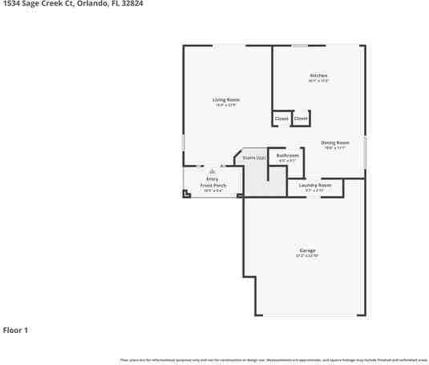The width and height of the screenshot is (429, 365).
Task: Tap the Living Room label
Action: (x=227, y=99)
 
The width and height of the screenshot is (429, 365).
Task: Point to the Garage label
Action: (x=307, y=251)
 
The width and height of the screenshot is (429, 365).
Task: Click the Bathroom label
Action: (x=288, y=155)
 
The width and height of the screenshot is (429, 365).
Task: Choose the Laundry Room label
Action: (x=314, y=185)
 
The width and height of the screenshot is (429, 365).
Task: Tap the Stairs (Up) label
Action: (x=254, y=158)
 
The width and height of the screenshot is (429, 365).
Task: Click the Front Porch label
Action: (x=213, y=185)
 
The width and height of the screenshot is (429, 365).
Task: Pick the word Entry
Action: (x=212, y=178)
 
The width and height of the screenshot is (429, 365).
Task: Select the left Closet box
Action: (x=281, y=118)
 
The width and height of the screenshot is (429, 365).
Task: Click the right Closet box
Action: (x=300, y=118)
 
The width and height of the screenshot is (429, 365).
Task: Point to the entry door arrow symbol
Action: (x=212, y=171)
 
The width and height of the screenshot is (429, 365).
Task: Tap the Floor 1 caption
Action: (x=15, y=330)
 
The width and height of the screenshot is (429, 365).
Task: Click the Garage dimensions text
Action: (x=307, y=256)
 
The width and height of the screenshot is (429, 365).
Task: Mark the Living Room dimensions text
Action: (x=227, y=105)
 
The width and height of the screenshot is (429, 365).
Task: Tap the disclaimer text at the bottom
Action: (x=273, y=360)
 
